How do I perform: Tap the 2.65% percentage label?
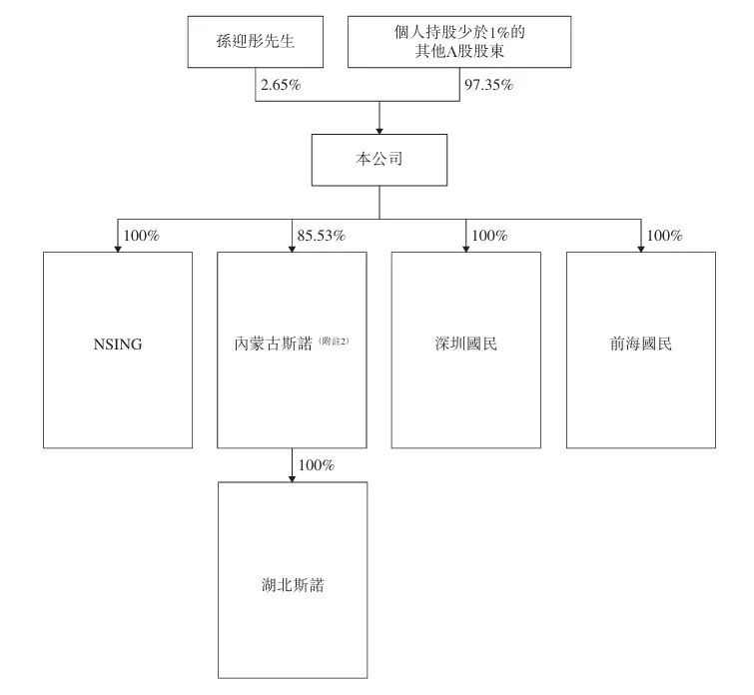(281, 86)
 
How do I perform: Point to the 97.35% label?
(488, 86)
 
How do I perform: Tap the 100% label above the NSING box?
(141, 237)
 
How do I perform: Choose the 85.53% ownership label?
(321, 237)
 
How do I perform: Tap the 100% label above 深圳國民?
(490, 237)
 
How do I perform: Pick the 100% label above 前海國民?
(665, 237)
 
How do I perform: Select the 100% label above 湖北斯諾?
(316, 466)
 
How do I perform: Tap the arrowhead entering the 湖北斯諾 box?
(292, 477)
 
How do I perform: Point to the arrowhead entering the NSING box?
(117, 248)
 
